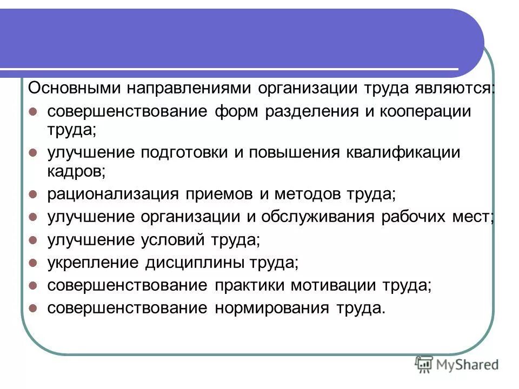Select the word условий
coord(176,240)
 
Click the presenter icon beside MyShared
coord(423,365)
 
